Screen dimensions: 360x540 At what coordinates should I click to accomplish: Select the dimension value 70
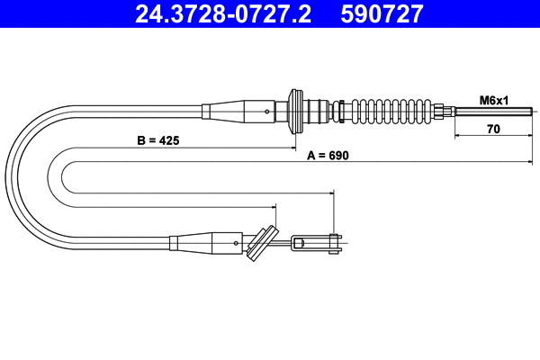493,129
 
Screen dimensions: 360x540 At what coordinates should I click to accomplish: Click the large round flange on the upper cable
292,110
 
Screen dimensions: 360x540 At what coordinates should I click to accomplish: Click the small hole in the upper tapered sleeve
269,111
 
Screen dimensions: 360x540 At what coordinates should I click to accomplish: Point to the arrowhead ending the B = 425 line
292,148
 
